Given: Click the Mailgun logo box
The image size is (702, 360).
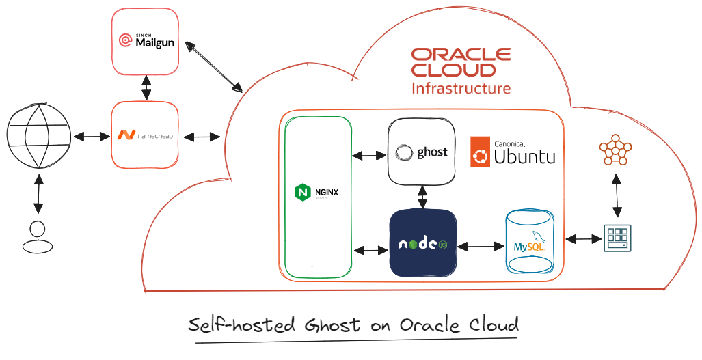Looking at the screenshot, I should [146, 42].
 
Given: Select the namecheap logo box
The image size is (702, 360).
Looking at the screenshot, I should [145, 135].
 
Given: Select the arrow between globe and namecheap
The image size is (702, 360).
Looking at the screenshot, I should [92, 137].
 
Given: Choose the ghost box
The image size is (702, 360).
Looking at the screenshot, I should [422, 152].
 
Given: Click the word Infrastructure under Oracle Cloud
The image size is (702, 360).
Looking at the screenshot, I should [461, 88].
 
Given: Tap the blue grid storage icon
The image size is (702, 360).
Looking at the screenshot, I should [617, 238].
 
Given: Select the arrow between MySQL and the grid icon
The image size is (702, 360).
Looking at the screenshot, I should [582, 239].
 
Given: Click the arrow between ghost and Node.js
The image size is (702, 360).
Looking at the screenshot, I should [423, 197].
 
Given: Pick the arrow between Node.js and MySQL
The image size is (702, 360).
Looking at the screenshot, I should [481, 245].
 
